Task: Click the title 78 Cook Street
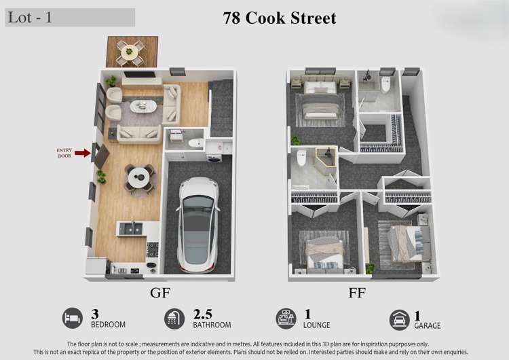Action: coord(280,18)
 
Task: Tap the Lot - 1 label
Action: coord(30,18)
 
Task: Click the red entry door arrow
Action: coord(82,153)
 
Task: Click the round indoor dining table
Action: coord(138,179)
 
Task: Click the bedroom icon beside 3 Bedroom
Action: coord(73,318)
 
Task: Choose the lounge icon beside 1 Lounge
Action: coord(286,318)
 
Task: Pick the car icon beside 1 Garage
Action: coord(399,319)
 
